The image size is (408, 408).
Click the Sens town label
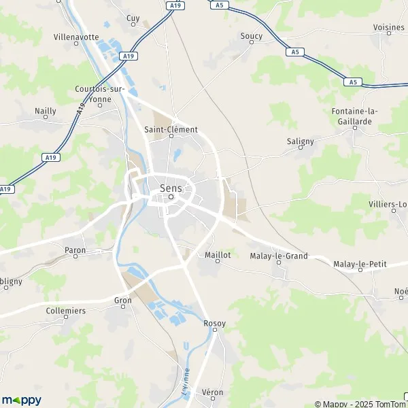coord(171,188)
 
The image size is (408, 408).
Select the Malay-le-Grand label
coord(279,256)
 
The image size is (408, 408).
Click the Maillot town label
coord(218,255)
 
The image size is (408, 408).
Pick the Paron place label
coord(75,250)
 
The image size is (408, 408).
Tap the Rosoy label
coord(214,324)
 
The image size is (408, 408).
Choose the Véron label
coord(213,392)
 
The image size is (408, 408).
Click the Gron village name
coord(123,300)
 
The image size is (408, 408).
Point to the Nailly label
coord(46,110)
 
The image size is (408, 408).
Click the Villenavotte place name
coord(76,37)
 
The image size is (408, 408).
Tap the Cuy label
coord(133,18)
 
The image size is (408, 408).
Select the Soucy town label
coord(252,35)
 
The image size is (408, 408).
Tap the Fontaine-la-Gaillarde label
coord(355,116)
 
